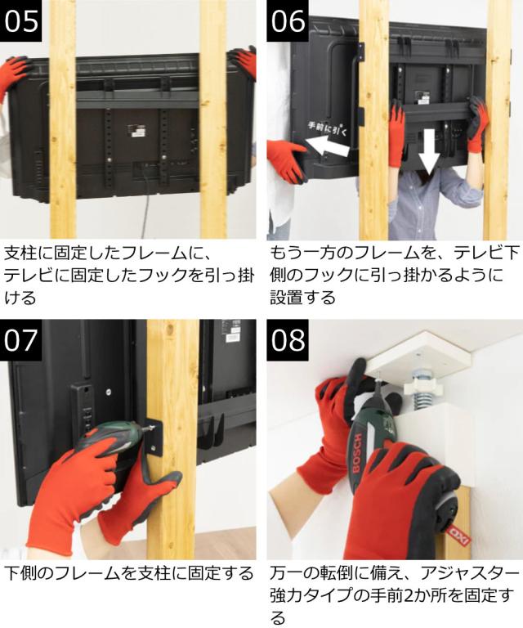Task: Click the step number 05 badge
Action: tap(20, 20)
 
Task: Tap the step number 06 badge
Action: tap(288, 20)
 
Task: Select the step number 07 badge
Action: tap(20, 340)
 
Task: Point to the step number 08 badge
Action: tap(288, 340)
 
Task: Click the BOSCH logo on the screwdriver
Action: tap(357, 451)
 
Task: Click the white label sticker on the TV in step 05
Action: tap(135, 131)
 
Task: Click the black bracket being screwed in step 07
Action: tap(155, 437)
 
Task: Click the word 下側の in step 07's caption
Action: tap(28, 573)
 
